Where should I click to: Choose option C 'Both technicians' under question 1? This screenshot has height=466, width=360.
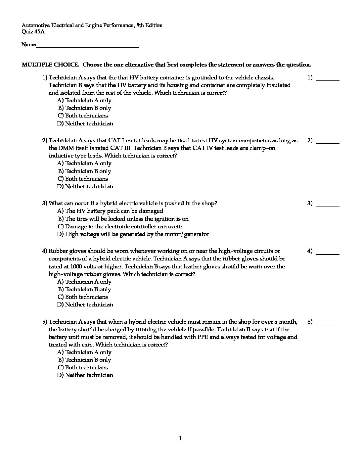pos(83,116)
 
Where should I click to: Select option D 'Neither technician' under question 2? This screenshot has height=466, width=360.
pos(85,187)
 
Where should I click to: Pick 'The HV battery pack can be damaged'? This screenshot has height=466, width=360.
pos(110,211)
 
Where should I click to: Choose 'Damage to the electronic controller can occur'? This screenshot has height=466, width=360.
pos(120,227)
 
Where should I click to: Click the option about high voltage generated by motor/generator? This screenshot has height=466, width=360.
pos(133,234)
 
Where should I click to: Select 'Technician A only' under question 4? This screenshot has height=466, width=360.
pos(84,282)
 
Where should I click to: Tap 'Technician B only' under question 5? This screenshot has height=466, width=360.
pos(84,360)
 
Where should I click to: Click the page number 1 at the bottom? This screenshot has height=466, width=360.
pos(180,439)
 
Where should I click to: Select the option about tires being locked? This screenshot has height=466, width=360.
pos(123,219)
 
